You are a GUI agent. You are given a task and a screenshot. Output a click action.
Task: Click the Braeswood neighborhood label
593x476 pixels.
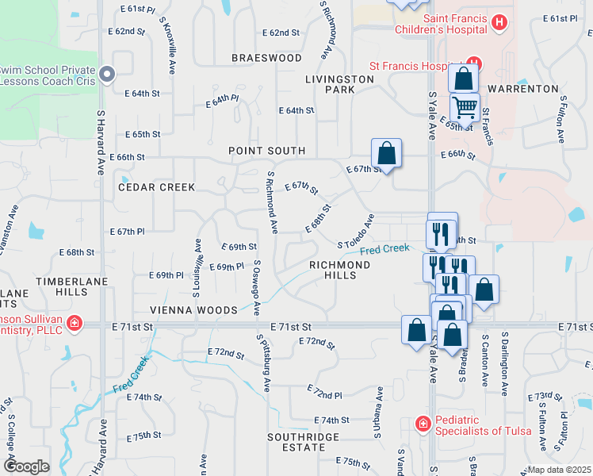[x=266, y=58]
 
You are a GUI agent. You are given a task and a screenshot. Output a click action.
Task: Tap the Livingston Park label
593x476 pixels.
[x=340, y=84]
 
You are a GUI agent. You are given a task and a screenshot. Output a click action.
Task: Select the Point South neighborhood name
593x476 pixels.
[x=266, y=151]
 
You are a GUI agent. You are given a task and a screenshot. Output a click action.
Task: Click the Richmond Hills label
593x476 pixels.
[x=340, y=270]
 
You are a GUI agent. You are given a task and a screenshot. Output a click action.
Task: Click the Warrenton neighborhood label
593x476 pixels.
[x=524, y=88]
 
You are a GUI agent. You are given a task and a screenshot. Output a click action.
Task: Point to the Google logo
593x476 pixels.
[x=26, y=466]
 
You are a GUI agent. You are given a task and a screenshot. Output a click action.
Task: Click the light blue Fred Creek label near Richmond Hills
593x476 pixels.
[x=384, y=250]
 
